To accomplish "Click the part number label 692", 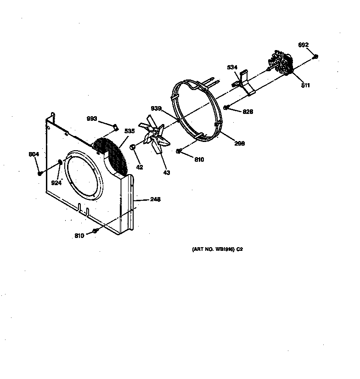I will tap(303, 45).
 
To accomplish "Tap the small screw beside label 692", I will tap(315, 57).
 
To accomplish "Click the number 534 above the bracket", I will tap(232, 68).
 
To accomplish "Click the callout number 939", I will tap(156, 108).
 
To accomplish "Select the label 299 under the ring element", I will tap(239, 143).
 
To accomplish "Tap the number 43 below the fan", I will tap(166, 173).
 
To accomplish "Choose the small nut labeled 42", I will tap(131, 147).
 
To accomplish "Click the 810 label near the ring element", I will tap(199, 159).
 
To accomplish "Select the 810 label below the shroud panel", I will tap(79, 236).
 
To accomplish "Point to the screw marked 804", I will tap(40, 173).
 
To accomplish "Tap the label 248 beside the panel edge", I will tap(155, 200).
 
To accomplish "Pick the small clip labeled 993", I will tap(116, 126).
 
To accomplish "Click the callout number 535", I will tap(129, 131).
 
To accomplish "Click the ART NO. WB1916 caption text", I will tap(217, 249).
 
